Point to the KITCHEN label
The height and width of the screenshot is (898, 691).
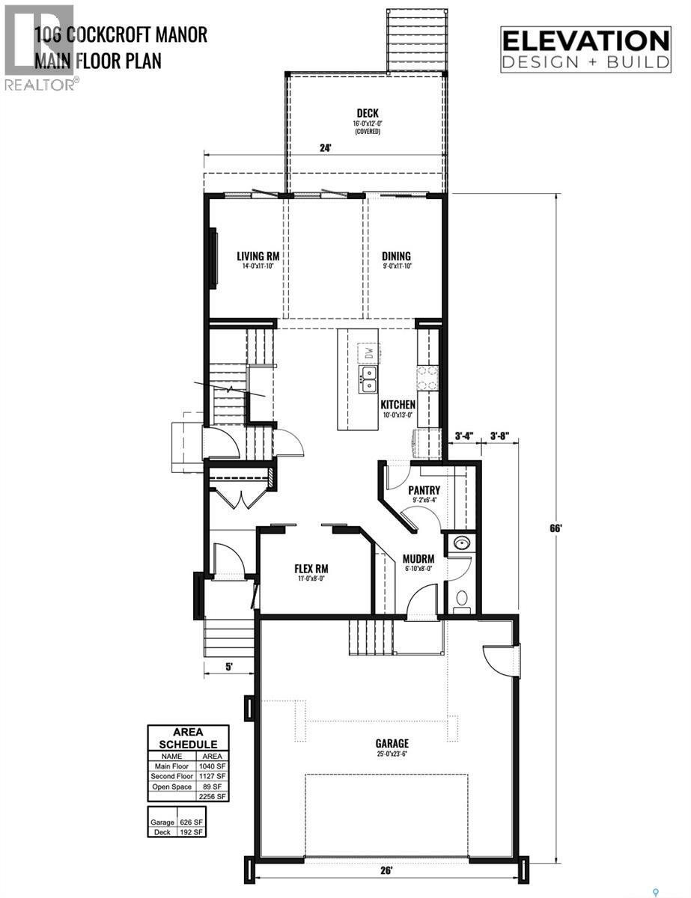[398, 404]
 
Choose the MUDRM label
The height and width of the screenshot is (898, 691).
[418, 558]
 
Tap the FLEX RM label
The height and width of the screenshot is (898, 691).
[311, 568]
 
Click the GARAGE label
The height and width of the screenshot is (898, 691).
[392, 743]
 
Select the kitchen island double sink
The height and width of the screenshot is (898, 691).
[368, 379]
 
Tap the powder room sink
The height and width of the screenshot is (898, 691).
[460, 544]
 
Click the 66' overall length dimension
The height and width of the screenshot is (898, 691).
[556, 527]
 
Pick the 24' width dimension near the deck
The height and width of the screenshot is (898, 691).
[325, 148]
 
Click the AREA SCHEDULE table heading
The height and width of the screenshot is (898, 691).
[190, 738]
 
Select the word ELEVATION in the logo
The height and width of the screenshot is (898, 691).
[585, 40]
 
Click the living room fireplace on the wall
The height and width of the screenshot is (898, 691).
[214, 259]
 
